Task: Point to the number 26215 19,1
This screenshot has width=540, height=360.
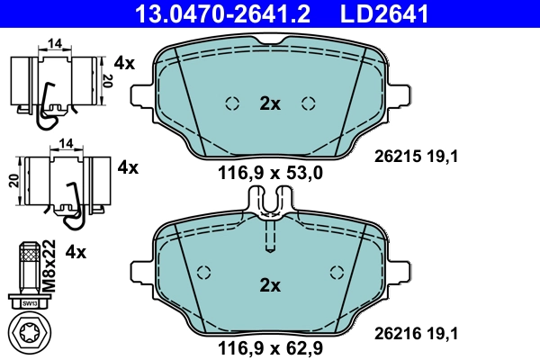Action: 417,156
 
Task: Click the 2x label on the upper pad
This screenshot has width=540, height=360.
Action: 270,103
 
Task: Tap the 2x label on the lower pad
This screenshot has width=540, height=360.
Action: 270,285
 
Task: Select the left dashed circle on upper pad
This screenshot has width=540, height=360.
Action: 231,102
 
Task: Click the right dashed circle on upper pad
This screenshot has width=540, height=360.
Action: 310,102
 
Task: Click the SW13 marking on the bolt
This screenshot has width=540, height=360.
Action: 31,303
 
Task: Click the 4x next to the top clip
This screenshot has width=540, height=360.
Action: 123,63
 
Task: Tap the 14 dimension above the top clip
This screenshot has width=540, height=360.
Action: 54,42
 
